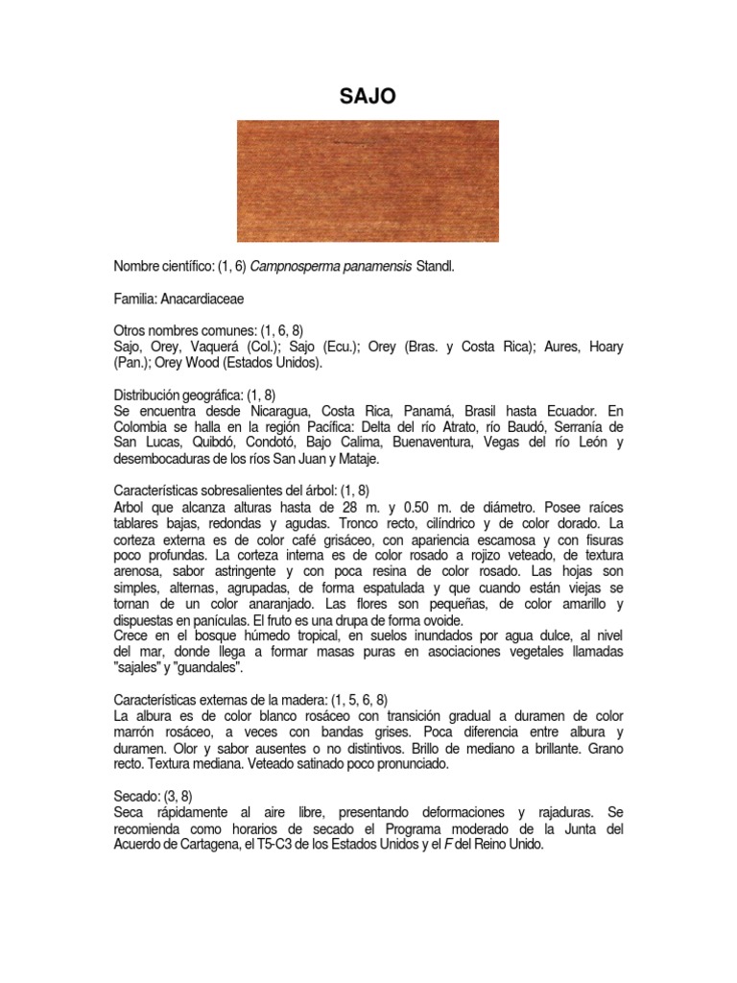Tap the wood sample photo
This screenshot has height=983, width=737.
coord(368,180)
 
